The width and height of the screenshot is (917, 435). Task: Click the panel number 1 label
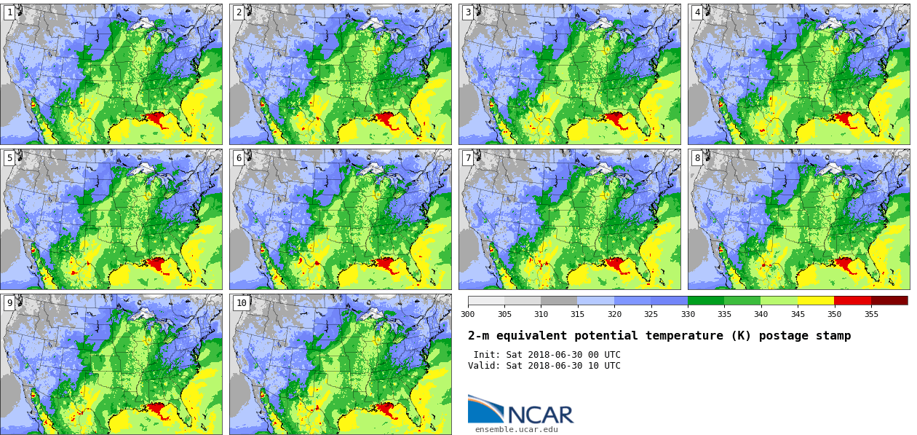coord(9,13)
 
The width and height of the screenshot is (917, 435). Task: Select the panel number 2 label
coord(239,13)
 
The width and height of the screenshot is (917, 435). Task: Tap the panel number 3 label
coord(468,13)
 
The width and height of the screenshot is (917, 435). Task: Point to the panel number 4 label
coord(697,13)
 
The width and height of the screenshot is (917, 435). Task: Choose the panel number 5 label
coord(9,158)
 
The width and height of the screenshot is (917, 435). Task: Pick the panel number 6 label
coord(239,158)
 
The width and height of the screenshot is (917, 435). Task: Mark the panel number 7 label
coord(468,158)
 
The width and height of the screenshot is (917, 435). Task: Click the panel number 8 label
coord(697,158)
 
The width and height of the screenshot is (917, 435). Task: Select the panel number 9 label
coord(9,303)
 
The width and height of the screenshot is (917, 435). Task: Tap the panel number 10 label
coord(241,303)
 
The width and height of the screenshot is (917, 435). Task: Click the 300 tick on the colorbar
coord(467,314)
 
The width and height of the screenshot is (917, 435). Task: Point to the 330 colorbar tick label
coord(688,314)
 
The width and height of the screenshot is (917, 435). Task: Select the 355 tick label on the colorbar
coord(871,314)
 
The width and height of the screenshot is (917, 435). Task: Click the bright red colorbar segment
coord(852,300)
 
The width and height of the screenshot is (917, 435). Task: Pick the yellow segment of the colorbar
coord(816,300)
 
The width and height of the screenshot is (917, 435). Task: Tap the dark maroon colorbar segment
coord(889,300)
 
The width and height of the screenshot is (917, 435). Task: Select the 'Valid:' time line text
coord(544,366)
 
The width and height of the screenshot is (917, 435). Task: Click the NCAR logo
coord(520,410)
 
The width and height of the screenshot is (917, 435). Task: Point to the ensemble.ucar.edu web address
coord(517,429)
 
